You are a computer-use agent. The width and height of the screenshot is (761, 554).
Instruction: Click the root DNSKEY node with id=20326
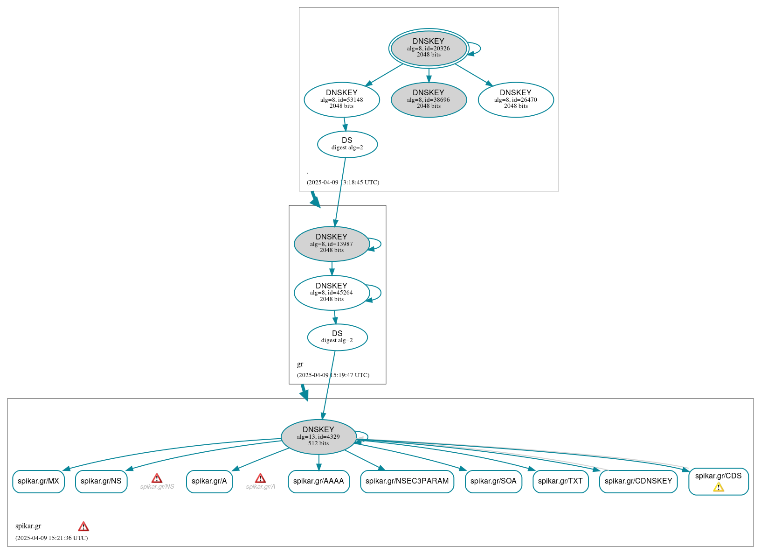429,48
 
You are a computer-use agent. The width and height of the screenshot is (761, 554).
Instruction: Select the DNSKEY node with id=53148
341,99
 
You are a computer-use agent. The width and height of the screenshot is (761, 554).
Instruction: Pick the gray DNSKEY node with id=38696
429,99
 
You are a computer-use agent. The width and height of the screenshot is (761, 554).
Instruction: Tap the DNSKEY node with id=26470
515,99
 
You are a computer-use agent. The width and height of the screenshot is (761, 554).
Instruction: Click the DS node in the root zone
347,144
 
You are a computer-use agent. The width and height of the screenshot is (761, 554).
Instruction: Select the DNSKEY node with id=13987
332,244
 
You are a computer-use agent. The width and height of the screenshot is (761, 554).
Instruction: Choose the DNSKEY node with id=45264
332,293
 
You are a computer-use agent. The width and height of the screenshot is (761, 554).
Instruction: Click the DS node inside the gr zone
337,337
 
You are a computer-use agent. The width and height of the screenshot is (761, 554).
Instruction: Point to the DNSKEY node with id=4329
318,436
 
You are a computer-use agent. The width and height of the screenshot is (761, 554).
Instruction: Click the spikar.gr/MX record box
38,481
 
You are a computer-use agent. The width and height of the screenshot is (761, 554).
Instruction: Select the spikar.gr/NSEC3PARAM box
407,481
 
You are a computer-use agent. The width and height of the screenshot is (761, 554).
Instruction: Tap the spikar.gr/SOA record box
493,481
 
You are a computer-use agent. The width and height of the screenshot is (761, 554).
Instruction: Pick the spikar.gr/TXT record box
560,481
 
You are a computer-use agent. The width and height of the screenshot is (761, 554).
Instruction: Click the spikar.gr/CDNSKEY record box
638,481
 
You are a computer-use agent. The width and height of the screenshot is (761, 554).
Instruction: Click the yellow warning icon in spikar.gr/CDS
718,487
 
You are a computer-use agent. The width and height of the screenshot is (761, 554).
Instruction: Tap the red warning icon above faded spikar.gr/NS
157,478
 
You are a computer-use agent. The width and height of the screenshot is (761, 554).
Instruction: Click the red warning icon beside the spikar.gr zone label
83,526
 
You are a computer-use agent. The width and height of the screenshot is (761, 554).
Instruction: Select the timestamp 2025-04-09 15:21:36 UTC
51,538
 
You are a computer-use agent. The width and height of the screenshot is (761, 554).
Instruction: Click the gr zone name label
300,364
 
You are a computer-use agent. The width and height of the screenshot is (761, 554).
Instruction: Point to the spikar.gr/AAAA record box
318,481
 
